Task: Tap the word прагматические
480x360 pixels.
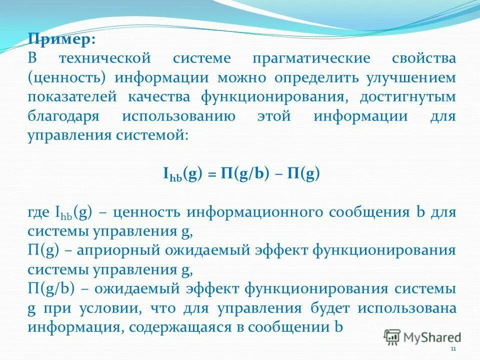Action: pyautogui.click(x=311, y=58)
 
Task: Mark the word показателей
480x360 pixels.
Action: pyautogui.click(x=74, y=97)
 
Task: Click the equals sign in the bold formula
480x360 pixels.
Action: pyautogui.click(x=211, y=174)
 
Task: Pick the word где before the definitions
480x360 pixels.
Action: pyautogui.click(x=38, y=212)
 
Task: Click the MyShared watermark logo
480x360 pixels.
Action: pyautogui.click(x=422, y=337)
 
